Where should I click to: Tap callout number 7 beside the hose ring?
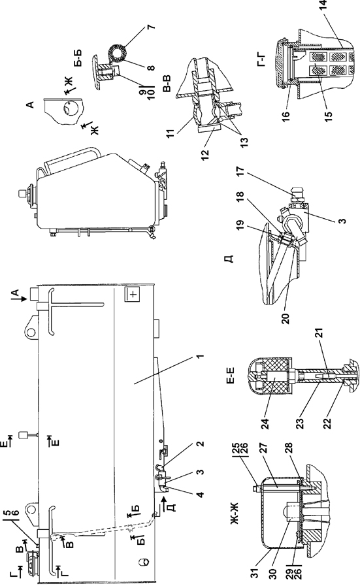[x=153, y=27]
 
